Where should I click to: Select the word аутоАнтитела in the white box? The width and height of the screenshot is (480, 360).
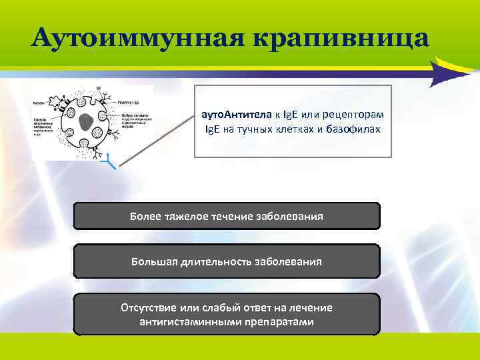click(x=232, y=115)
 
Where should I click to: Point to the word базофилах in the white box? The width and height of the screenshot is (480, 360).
click(x=355, y=129)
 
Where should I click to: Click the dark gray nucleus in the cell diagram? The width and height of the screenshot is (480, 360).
click(x=87, y=122)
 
